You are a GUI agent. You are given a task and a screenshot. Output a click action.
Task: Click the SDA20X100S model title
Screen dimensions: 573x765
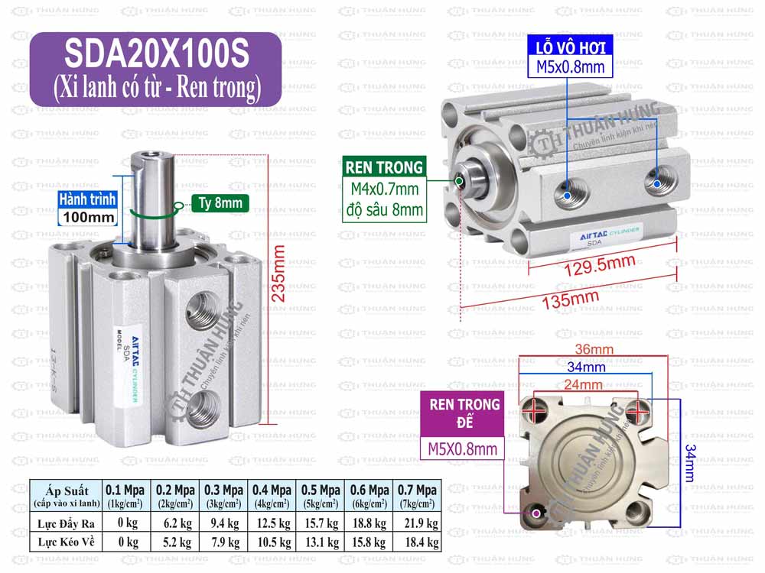point(155,55)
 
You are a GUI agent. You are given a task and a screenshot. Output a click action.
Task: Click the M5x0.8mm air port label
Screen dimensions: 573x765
point(570,67)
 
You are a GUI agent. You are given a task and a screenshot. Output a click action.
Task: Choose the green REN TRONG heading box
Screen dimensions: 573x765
point(383,167)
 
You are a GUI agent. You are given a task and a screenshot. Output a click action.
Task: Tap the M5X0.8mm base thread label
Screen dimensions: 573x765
point(464,448)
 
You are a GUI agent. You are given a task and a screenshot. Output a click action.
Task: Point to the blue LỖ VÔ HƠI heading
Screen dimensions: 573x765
point(570,47)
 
